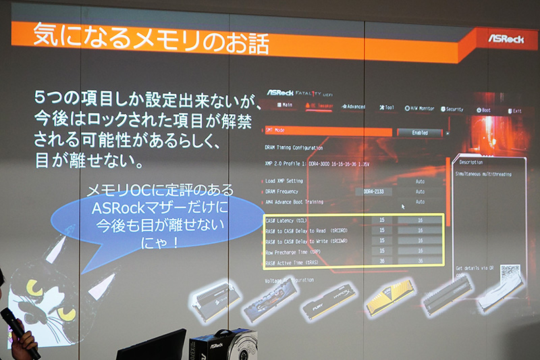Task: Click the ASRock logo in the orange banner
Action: click(x=506, y=38)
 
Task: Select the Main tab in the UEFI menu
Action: click(x=284, y=106)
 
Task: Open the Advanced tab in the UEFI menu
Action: click(x=353, y=107)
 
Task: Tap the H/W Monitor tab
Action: click(x=419, y=108)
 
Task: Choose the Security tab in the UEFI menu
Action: click(x=453, y=109)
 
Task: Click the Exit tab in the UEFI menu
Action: click(x=514, y=110)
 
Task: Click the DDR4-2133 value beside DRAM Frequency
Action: click(x=369, y=191)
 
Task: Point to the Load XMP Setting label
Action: click(x=286, y=180)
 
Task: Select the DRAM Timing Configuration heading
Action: click(x=294, y=147)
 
